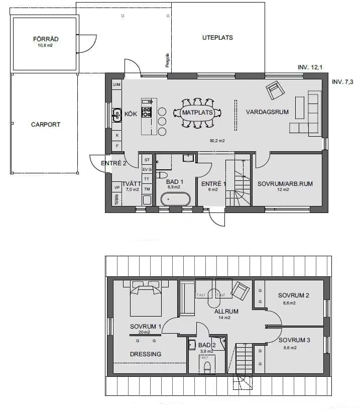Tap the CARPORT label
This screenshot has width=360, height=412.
point(45,125)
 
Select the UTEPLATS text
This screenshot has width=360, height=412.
point(217,38)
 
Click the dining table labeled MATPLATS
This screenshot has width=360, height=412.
point(197,113)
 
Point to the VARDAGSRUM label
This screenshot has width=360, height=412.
point(267,112)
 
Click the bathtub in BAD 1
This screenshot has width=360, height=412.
point(175,199)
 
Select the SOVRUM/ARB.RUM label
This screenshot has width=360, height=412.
point(285,184)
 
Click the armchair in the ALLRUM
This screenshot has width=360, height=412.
point(240,290)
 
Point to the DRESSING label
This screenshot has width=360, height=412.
point(146,354)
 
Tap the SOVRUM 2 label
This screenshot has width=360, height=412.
point(293,295)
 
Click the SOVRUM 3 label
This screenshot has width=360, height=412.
point(294,340)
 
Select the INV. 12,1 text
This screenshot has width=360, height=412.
point(310,67)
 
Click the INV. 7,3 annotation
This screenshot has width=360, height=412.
point(343,81)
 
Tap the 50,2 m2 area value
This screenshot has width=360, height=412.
point(217,141)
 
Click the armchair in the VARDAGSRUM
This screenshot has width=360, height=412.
point(275,90)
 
